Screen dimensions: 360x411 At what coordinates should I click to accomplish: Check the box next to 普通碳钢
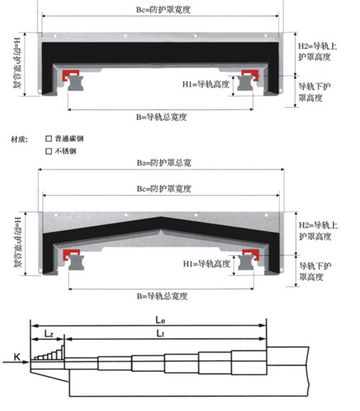point(49,138)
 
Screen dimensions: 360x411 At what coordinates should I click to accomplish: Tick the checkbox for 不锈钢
point(49,151)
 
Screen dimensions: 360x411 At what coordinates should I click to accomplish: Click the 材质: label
point(19,139)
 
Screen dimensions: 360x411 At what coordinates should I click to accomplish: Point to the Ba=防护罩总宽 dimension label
point(164,163)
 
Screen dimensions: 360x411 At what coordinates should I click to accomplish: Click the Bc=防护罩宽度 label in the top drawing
point(163,9)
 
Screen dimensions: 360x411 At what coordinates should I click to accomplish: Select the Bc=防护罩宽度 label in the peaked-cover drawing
point(164,189)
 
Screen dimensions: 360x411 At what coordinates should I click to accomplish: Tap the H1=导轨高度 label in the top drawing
point(206,84)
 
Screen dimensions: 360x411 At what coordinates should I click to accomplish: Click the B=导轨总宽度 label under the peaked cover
point(162,296)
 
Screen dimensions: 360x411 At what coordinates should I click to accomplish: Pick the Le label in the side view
point(160,320)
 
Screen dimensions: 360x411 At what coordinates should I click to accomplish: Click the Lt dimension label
point(160,333)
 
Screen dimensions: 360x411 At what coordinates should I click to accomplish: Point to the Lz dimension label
point(49,334)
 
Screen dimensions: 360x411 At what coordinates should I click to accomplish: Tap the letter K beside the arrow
point(17,357)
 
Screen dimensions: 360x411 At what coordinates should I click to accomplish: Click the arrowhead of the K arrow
point(27,362)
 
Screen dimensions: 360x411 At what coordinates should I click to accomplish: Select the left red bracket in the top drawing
point(70,75)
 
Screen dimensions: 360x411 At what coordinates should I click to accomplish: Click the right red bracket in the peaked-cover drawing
point(251,255)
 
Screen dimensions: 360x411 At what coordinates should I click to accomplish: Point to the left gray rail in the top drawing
point(76,83)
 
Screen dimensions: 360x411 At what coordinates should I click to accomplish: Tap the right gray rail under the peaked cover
point(246,262)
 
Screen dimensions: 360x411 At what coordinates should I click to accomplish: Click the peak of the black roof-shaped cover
point(161,217)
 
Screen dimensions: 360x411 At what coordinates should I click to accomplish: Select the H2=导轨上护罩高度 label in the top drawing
point(317,52)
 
